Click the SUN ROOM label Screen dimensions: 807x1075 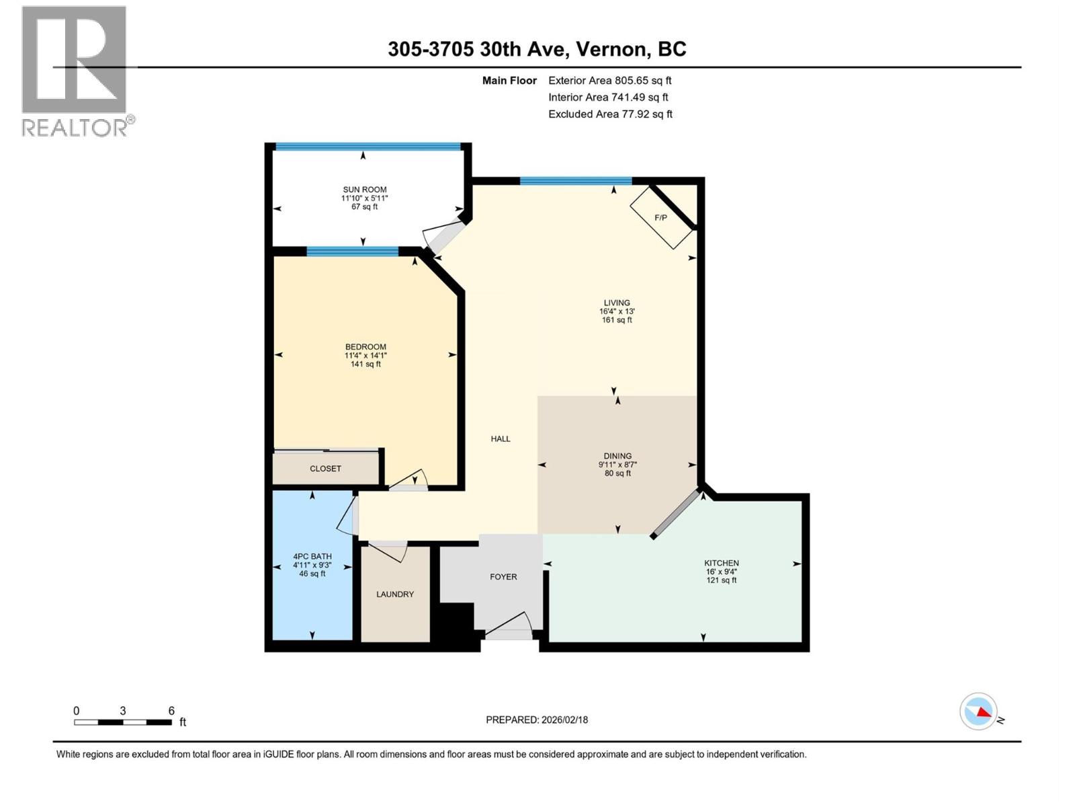[365, 190]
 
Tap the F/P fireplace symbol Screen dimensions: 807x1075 [661, 218]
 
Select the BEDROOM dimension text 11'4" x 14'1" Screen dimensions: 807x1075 [365, 356]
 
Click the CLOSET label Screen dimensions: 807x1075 [325, 469]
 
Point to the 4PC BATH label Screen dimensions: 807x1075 [312, 557]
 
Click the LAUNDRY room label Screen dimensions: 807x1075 [395, 594]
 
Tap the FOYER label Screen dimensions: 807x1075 [503, 577]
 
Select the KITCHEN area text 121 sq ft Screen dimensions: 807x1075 [722, 580]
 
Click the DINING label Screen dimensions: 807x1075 [617, 456]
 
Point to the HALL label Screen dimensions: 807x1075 [501, 439]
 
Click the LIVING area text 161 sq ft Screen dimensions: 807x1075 [617, 320]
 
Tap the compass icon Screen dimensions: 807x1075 [978, 712]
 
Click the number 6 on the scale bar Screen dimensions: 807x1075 [171, 711]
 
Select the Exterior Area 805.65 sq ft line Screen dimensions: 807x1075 [609, 81]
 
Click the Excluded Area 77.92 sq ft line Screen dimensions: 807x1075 [610, 114]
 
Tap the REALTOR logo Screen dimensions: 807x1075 [75, 71]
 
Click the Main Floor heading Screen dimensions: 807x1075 [509, 81]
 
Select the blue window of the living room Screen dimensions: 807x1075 [576, 180]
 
